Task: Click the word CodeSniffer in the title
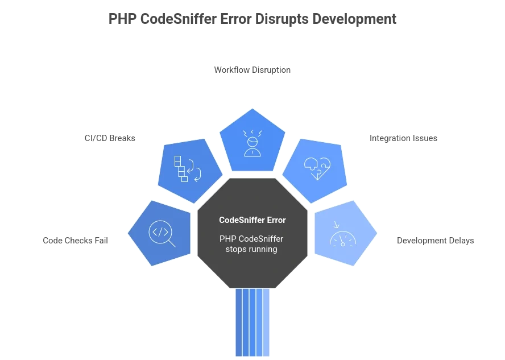pos(179,19)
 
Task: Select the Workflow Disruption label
pos(252,70)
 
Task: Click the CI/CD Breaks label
pos(110,138)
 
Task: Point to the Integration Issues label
pos(403,138)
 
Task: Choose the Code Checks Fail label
pos(75,241)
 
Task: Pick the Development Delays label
pos(435,241)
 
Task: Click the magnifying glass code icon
pos(162,233)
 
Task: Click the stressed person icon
pos(252,143)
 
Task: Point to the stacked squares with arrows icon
pos(188,169)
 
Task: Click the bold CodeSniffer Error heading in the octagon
pos(252,220)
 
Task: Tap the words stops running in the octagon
pos(251,249)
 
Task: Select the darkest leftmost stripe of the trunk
pos(239,322)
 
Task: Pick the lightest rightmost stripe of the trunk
pos(266,322)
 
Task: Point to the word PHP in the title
pos(122,19)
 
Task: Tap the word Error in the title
pos(236,19)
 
